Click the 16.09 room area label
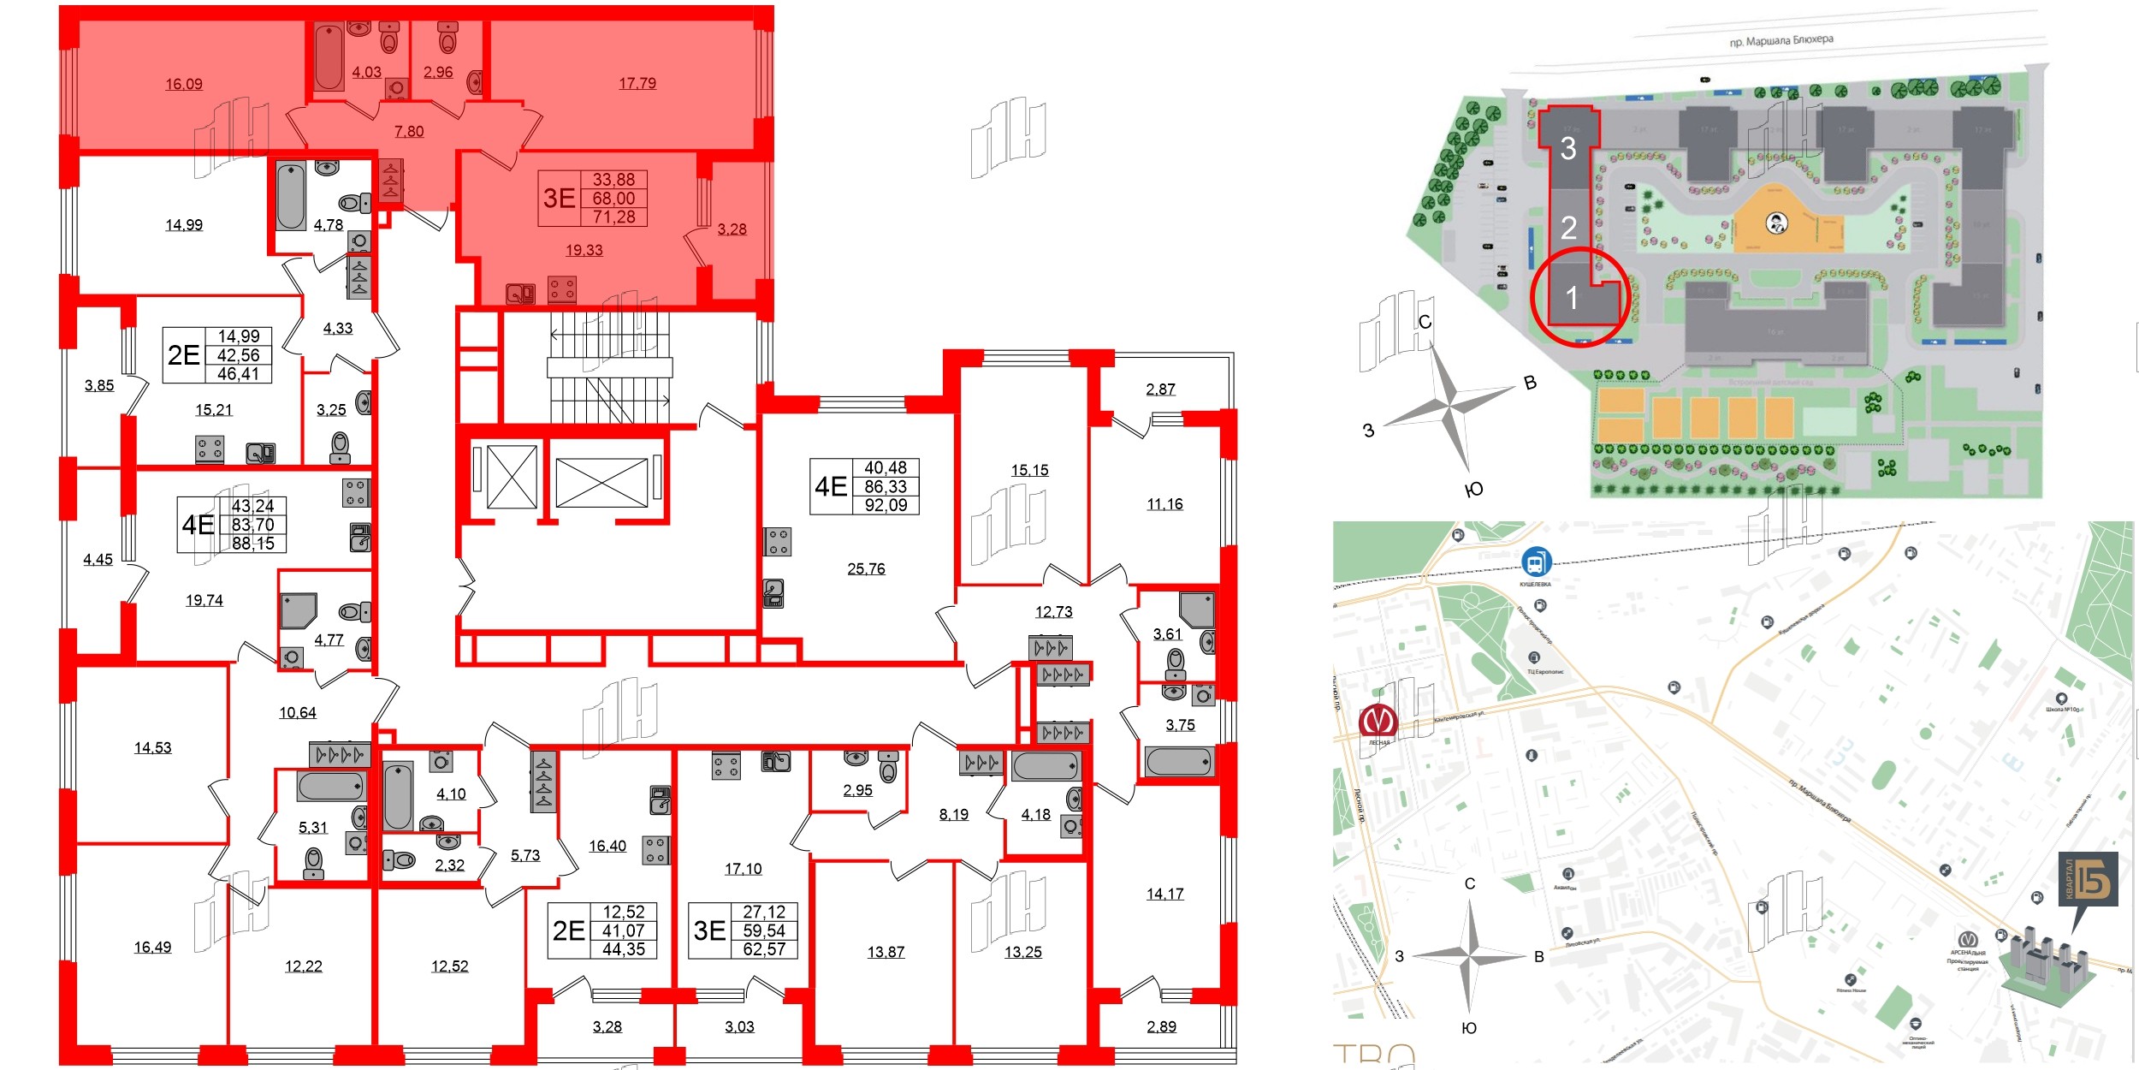click(184, 84)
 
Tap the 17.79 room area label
click(637, 83)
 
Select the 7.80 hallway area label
click(409, 131)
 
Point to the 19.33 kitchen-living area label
click(584, 250)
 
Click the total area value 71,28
click(614, 217)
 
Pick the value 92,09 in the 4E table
click(886, 505)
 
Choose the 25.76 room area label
click(866, 568)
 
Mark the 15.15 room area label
click(1029, 470)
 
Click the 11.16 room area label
click(1164, 504)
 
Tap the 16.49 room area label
click(152, 947)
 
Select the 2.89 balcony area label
click(1161, 1026)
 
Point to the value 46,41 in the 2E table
click(238, 374)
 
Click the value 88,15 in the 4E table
click(253, 544)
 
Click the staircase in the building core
click(609, 368)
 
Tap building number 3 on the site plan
click(1568, 149)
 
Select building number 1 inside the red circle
click(1572, 298)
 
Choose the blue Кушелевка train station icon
click(1536, 562)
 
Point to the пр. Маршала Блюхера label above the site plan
click(1781, 40)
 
